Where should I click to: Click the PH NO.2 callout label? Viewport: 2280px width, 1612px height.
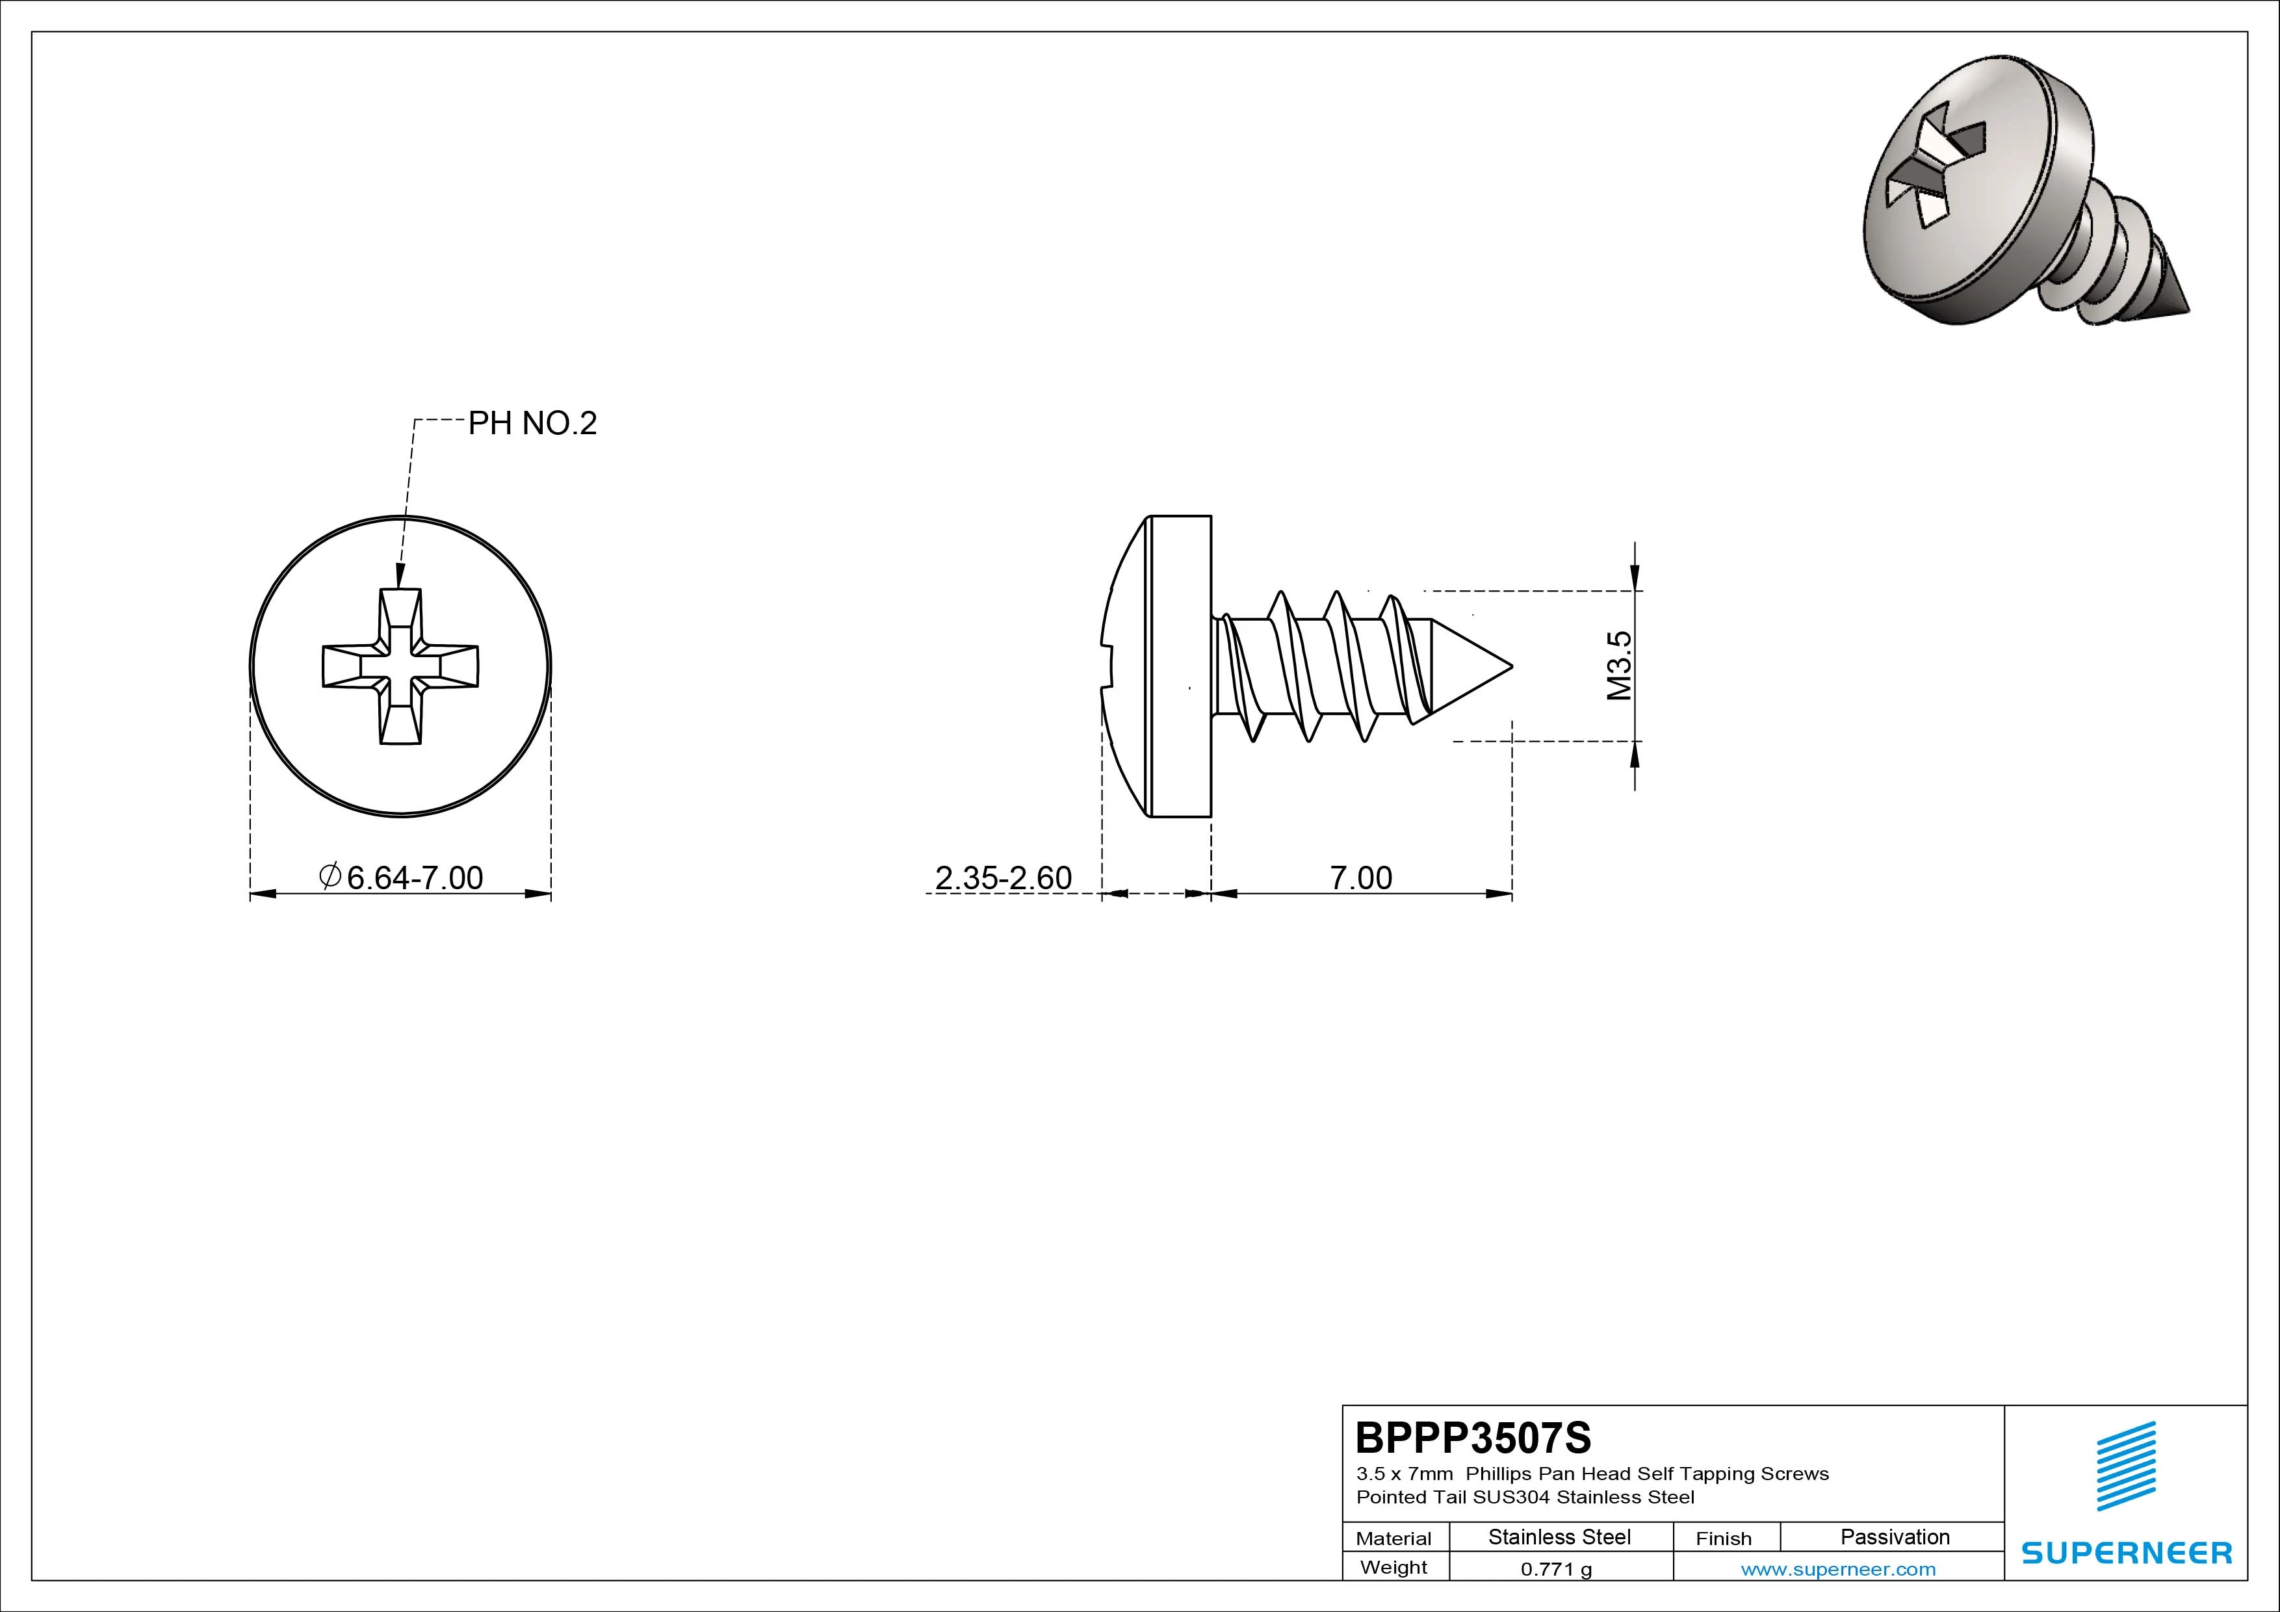tap(532, 424)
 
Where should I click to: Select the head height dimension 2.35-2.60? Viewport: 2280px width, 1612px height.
tap(1003, 878)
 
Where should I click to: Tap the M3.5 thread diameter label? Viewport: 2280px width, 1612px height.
tap(1620, 666)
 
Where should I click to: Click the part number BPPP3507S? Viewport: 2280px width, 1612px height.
tap(1473, 1437)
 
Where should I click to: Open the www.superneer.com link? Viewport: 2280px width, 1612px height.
tap(1838, 1569)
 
